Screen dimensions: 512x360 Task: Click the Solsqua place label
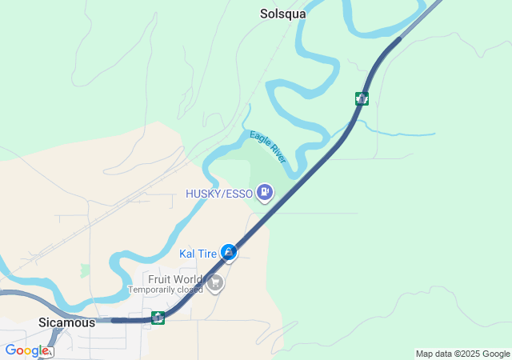coord(283,14)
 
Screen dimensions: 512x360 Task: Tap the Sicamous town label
coord(66,323)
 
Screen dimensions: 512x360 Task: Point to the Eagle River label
coord(267,147)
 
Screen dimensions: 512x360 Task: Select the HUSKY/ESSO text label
coord(219,194)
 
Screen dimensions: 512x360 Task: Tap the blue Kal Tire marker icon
coord(229,253)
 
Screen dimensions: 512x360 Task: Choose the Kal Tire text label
coord(198,254)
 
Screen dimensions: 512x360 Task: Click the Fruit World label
coord(174,279)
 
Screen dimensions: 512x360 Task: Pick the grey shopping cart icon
coord(214,282)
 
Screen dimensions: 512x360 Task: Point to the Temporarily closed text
coord(166,289)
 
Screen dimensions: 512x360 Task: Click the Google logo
coord(26,350)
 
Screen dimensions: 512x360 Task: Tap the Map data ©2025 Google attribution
coord(462,354)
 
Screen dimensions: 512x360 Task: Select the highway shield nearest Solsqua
coord(362,98)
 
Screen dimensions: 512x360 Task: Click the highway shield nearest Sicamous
coord(158,318)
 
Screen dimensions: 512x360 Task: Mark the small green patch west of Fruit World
coord(86,270)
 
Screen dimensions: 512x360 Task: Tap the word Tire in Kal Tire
coord(207,254)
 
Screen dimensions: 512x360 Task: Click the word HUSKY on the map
coord(202,194)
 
